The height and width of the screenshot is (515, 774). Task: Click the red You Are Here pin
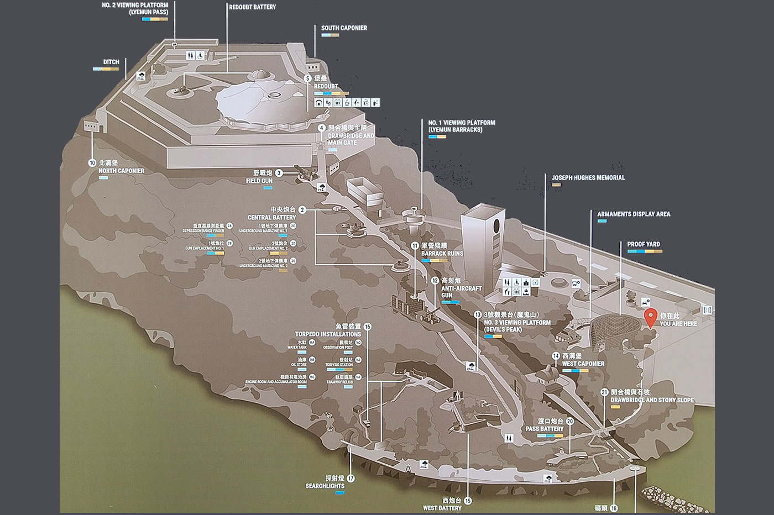click(x=651, y=318)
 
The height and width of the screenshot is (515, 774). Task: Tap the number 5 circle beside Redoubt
click(x=308, y=78)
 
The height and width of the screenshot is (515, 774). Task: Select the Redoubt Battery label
click(x=252, y=7)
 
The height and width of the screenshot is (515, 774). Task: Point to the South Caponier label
click(x=344, y=28)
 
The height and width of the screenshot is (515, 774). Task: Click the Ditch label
click(x=111, y=62)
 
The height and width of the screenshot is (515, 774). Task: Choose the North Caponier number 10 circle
click(x=92, y=163)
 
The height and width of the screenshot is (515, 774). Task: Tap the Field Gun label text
click(x=259, y=181)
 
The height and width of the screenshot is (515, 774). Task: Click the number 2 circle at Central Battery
click(x=302, y=210)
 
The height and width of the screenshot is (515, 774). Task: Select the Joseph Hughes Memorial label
click(x=588, y=178)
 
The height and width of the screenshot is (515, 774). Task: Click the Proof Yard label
click(x=643, y=244)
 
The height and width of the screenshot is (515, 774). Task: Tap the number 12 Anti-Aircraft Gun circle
click(x=435, y=281)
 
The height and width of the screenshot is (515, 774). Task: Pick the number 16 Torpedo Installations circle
click(x=367, y=327)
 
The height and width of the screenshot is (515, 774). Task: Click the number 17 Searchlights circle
click(x=350, y=479)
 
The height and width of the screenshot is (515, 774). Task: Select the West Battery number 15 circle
click(x=468, y=501)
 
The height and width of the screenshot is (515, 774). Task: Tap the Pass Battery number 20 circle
click(x=570, y=421)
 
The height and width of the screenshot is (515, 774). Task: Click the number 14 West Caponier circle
click(x=556, y=356)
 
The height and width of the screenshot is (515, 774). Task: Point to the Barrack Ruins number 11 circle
click(x=415, y=245)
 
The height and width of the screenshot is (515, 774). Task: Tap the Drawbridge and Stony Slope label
click(x=652, y=400)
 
